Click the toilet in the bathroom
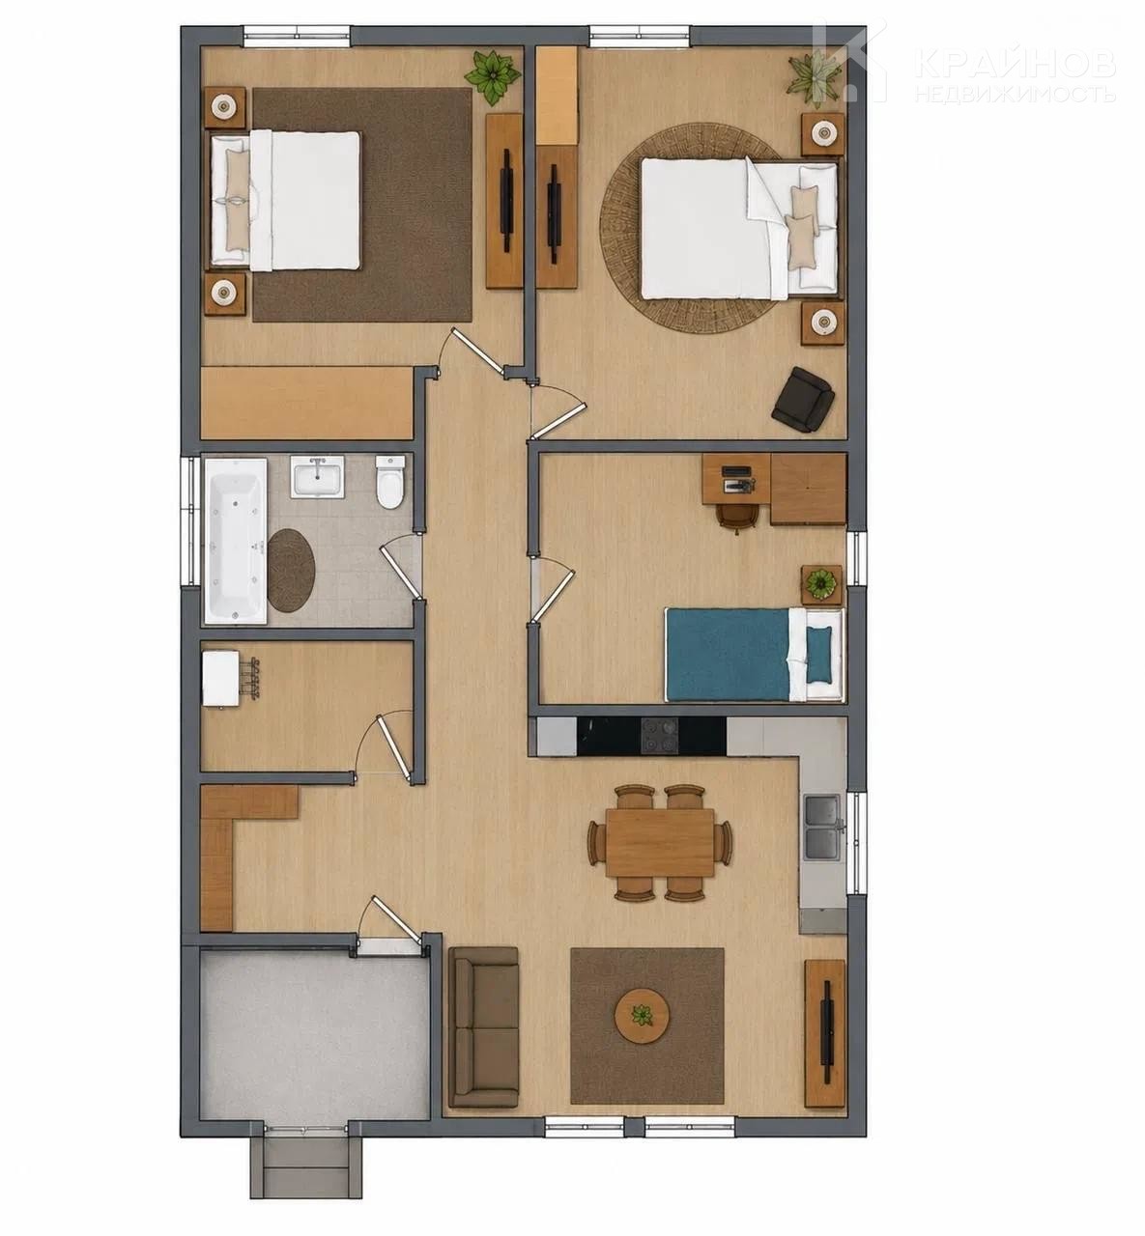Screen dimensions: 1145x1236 point(390,482)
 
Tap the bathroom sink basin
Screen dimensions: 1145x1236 point(317,477)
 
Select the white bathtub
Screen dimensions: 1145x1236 point(236,541)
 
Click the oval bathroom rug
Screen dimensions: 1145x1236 point(290,570)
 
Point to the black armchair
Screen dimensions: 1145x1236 point(803,399)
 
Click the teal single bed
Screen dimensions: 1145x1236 point(755,654)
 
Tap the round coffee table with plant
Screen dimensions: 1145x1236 point(643,1016)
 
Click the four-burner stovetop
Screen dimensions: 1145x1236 point(661,736)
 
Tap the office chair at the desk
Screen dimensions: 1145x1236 point(737,516)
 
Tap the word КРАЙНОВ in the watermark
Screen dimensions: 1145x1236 point(1016,64)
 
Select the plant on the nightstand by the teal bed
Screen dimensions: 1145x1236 point(821,584)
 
